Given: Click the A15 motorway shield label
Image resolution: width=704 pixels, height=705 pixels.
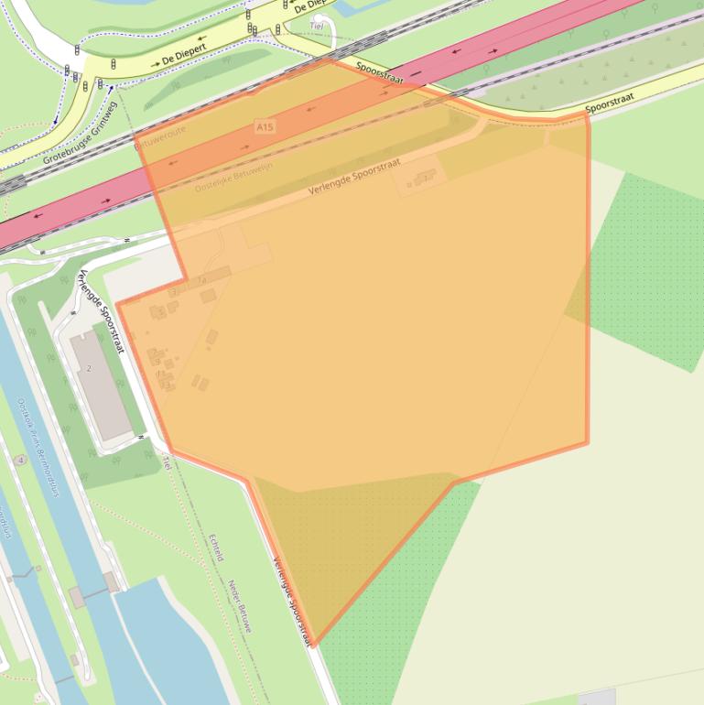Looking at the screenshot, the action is [x=265, y=125].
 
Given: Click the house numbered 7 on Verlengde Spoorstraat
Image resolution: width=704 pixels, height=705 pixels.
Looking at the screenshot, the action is [x=423, y=179].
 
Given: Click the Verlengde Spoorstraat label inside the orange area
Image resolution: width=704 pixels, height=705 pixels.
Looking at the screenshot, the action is [x=354, y=177].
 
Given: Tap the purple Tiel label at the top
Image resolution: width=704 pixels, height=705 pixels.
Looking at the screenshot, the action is [x=318, y=27].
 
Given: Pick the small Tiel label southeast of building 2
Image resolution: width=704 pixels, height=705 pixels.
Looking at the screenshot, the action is [x=167, y=461].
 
